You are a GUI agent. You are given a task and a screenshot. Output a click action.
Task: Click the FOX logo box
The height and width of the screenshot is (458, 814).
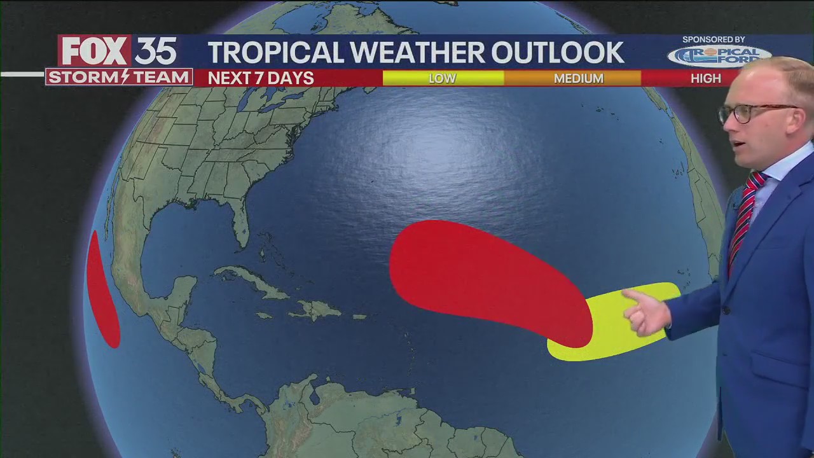point(94,51)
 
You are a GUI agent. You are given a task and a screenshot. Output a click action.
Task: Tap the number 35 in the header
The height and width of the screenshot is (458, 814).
point(155,51)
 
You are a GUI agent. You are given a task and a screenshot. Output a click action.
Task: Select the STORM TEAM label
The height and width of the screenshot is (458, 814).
point(119,77)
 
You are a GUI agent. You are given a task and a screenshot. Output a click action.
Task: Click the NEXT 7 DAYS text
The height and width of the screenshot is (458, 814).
point(261,78)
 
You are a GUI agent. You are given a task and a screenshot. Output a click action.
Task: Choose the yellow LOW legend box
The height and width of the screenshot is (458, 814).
point(443,78)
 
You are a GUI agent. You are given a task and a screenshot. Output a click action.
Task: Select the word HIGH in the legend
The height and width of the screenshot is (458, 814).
point(705,78)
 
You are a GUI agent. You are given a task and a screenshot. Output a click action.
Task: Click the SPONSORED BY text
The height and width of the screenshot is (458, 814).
point(714,39)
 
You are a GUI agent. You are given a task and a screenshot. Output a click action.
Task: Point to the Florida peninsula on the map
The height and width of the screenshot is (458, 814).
point(240,223)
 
